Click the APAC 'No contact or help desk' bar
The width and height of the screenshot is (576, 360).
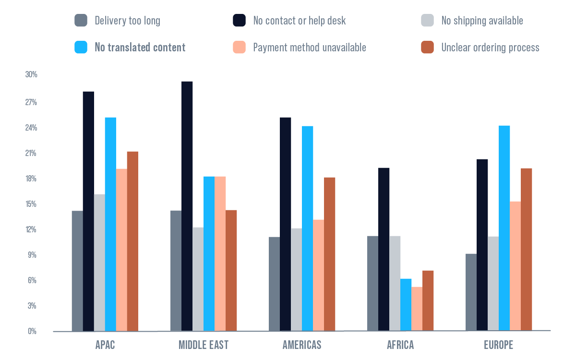(x=88, y=211)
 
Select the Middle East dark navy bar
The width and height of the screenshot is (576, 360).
(x=187, y=206)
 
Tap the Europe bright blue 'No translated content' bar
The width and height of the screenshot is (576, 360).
(x=504, y=228)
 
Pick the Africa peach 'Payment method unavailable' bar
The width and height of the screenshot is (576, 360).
(x=417, y=309)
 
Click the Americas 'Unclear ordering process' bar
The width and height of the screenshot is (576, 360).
(x=329, y=254)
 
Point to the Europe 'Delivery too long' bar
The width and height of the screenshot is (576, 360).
(x=471, y=292)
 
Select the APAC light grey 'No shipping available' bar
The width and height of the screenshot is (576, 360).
(x=99, y=263)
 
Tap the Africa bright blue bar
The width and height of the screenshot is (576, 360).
(x=406, y=305)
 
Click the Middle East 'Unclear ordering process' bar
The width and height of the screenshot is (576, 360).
(x=231, y=271)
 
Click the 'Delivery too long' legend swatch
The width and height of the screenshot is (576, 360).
(x=81, y=21)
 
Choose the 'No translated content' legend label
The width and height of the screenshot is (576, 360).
(x=140, y=48)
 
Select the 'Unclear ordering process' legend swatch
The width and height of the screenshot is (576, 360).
(x=427, y=48)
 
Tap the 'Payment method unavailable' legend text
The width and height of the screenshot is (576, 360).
(x=310, y=48)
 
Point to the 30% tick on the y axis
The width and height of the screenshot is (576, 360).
(x=31, y=75)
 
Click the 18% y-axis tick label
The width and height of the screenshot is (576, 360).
(x=31, y=179)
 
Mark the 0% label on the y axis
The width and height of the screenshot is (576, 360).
(x=32, y=331)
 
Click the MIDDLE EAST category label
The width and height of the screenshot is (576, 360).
(x=204, y=345)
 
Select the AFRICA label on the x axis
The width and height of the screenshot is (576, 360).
(x=400, y=345)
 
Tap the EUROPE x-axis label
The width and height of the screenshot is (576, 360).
(x=498, y=345)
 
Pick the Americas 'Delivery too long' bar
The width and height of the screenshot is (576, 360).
(x=274, y=284)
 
